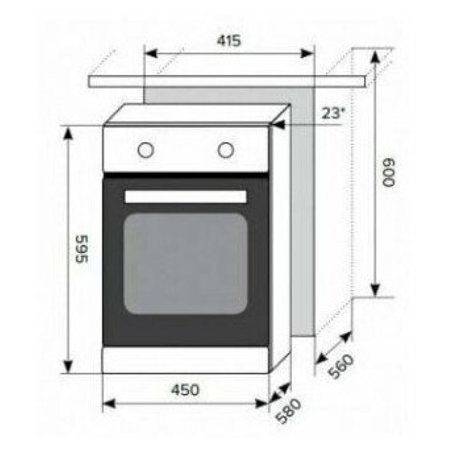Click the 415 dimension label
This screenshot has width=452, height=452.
229,41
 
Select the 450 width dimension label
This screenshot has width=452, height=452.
185,390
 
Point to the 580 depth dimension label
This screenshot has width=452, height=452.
288,411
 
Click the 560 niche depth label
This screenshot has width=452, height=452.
340,366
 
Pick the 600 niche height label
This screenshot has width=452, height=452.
388,172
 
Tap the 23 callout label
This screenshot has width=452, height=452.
333,113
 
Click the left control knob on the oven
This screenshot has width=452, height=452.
145,150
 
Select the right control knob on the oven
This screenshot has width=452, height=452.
226,150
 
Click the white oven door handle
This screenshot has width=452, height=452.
186,196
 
